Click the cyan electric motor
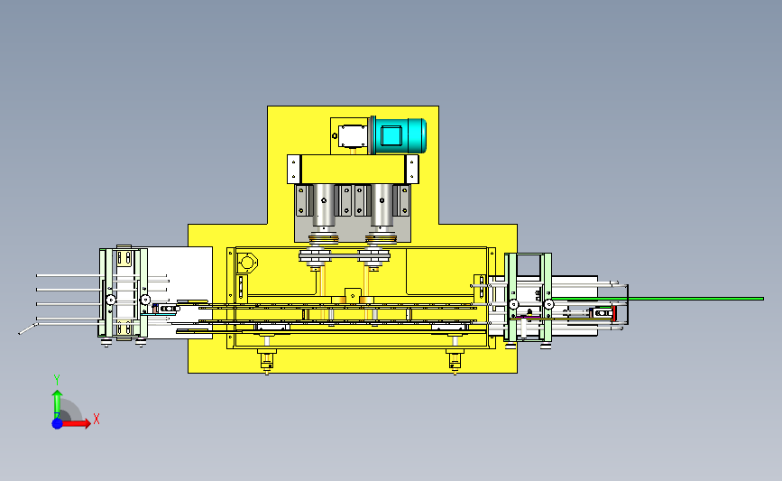click(x=399, y=135)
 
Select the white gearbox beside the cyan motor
click(x=352, y=136)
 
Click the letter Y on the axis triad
click(x=57, y=381)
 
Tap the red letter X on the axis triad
click(x=97, y=419)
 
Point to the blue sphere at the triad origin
click(x=58, y=423)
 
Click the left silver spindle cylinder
click(x=324, y=205)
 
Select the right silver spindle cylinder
click(x=382, y=205)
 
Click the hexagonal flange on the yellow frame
click(x=247, y=263)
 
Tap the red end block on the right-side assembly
click(x=614, y=313)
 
